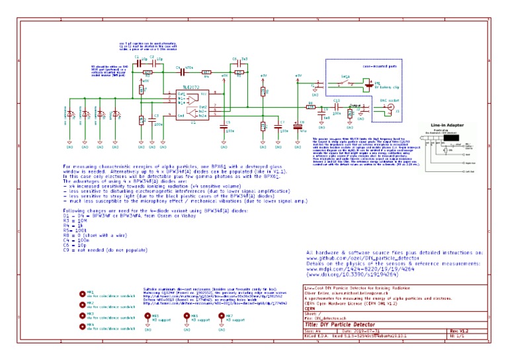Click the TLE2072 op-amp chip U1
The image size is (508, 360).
point(192,106)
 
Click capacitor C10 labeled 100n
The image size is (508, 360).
point(337,106)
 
